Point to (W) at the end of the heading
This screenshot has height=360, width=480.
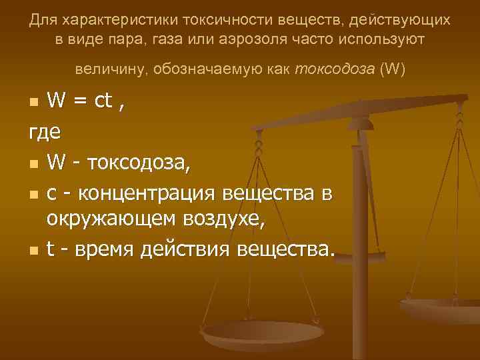(x=391, y=69)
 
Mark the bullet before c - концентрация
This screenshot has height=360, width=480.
(x=33, y=193)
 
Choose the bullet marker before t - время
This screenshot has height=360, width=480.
(x=33, y=251)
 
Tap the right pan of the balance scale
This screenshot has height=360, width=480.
(x=443, y=307)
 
